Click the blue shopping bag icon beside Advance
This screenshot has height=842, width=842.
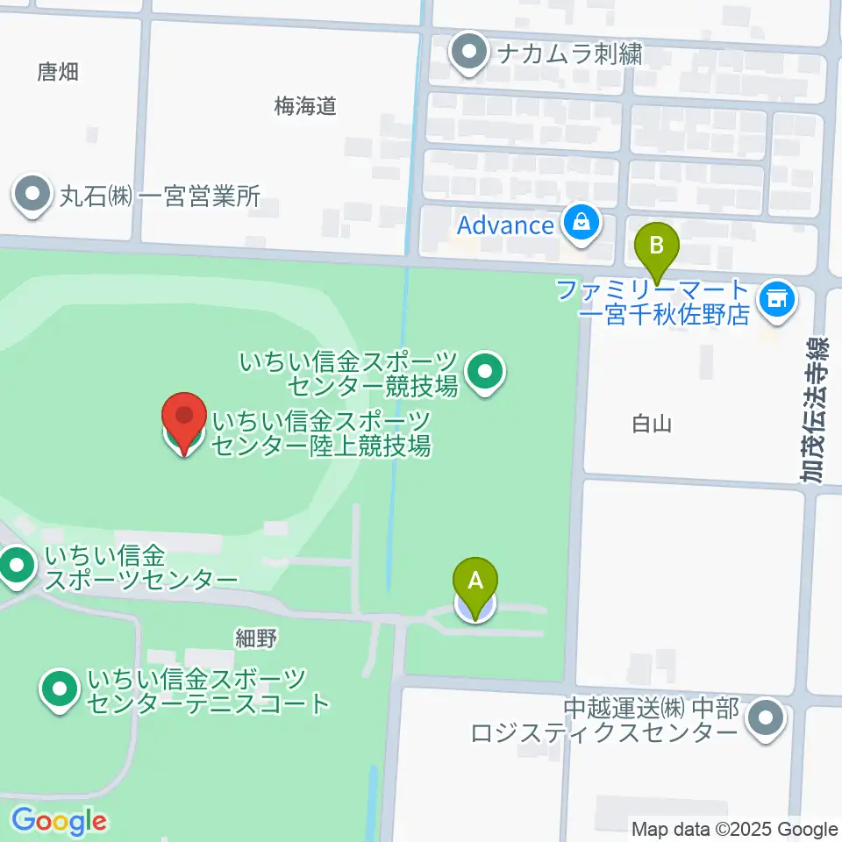click(x=581, y=225)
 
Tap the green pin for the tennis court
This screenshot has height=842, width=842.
click(x=60, y=690)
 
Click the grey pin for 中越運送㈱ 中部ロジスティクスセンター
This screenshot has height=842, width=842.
click(x=766, y=720)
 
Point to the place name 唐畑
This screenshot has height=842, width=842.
click(x=58, y=72)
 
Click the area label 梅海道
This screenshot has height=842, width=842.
click(x=305, y=107)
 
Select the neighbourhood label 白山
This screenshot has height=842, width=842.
click(x=652, y=425)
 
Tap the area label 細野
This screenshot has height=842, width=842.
click(x=256, y=638)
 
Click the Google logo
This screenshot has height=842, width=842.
click(x=59, y=822)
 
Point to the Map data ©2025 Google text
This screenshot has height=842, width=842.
click(x=735, y=829)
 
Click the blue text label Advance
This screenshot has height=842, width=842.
click(x=505, y=225)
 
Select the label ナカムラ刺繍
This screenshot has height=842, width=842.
click(x=569, y=54)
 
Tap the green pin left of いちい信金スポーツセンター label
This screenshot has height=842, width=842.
click(x=16, y=567)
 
